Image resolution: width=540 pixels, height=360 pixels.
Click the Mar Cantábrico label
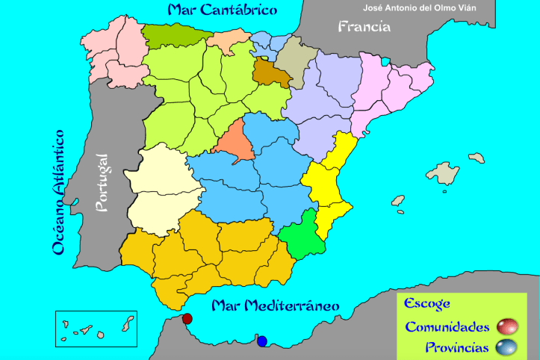(x=222, y=10)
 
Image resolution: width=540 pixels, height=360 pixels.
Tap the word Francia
(x=364, y=27)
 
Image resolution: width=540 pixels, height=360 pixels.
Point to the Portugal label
(x=102, y=182)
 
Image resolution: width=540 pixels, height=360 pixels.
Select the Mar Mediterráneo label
(x=275, y=305)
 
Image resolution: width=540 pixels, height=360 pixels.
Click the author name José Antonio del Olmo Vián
(x=429, y=9)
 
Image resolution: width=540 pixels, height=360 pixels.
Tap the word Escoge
(x=426, y=303)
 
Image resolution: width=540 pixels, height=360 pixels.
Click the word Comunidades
(x=447, y=327)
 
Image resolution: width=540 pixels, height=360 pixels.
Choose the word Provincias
(x=457, y=347)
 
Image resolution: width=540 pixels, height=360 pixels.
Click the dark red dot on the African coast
(x=187, y=319)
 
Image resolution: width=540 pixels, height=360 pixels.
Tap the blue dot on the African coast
(x=261, y=341)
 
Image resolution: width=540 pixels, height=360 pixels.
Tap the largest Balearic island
(x=447, y=173)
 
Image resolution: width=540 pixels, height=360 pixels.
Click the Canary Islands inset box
(x=96, y=329)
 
